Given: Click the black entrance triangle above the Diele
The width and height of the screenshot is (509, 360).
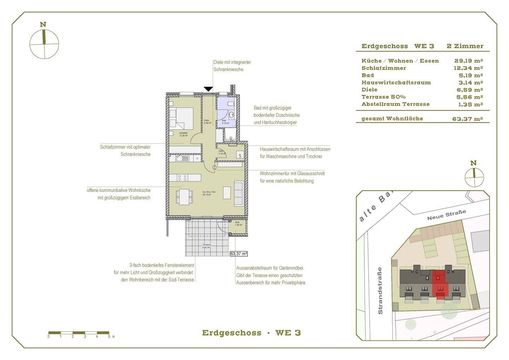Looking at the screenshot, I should pyautogui.click(x=209, y=89).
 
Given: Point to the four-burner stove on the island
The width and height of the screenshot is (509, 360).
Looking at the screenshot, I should pyautogui.click(x=182, y=177).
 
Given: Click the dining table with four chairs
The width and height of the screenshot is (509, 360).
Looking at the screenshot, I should pyautogui.click(x=184, y=197).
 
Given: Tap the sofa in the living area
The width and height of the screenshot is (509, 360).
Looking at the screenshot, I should pyautogui.click(x=239, y=193).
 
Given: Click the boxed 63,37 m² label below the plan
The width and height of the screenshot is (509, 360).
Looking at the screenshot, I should pyautogui.click(x=239, y=254).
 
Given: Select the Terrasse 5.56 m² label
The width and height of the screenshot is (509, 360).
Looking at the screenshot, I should pyautogui.click(x=206, y=246).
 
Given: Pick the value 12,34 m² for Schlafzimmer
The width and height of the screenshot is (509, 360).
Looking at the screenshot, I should pyautogui.click(x=468, y=68).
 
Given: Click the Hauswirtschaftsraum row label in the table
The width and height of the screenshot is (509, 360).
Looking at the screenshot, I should pyautogui.click(x=396, y=82).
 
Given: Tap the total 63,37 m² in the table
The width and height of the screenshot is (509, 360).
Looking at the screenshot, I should pyautogui.click(x=467, y=119).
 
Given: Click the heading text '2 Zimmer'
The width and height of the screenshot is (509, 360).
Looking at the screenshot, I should pyautogui.click(x=465, y=46).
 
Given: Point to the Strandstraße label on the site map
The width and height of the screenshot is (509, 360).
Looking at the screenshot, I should pyautogui.click(x=380, y=290).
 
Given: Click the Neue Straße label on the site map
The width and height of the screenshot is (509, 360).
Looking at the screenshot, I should pyautogui.click(x=446, y=215).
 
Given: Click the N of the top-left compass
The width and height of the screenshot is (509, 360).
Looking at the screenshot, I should pyautogui.click(x=43, y=24).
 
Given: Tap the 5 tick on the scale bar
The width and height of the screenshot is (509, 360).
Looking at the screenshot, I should pyautogui.click(x=109, y=336).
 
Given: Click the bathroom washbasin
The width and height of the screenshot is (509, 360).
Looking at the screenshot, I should pyautogui.click(x=232, y=115).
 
